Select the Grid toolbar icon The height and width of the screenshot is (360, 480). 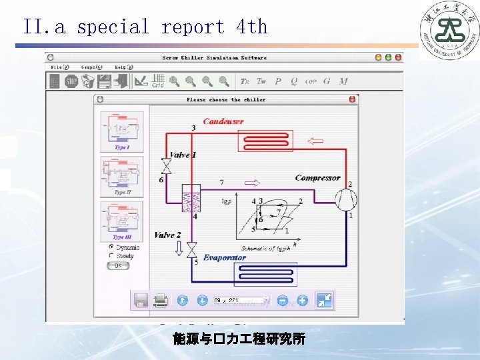click(x=158, y=81)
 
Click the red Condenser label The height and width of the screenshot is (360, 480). click(x=223, y=121)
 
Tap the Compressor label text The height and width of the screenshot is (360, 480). click(x=317, y=178)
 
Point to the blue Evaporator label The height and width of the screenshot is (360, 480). click(x=225, y=257)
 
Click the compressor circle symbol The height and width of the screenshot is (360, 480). click(x=345, y=200)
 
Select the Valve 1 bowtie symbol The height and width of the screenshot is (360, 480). click(x=166, y=165)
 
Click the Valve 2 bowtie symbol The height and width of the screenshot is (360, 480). click(x=191, y=249)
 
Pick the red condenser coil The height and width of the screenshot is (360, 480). click(x=266, y=141)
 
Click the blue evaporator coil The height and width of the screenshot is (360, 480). click(x=265, y=273)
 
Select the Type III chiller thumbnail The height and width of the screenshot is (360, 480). click(x=121, y=219)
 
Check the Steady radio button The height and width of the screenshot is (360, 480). click(x=111, y=256)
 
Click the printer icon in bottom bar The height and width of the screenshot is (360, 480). click(x=161, y=301)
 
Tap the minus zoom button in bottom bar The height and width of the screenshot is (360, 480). click(x=283, y=301)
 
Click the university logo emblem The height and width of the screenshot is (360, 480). click(x=448, y=30)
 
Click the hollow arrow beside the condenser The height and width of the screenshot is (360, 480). click(x=313, y=141)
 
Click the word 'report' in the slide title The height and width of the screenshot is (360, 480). click(x=193, y=27)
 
